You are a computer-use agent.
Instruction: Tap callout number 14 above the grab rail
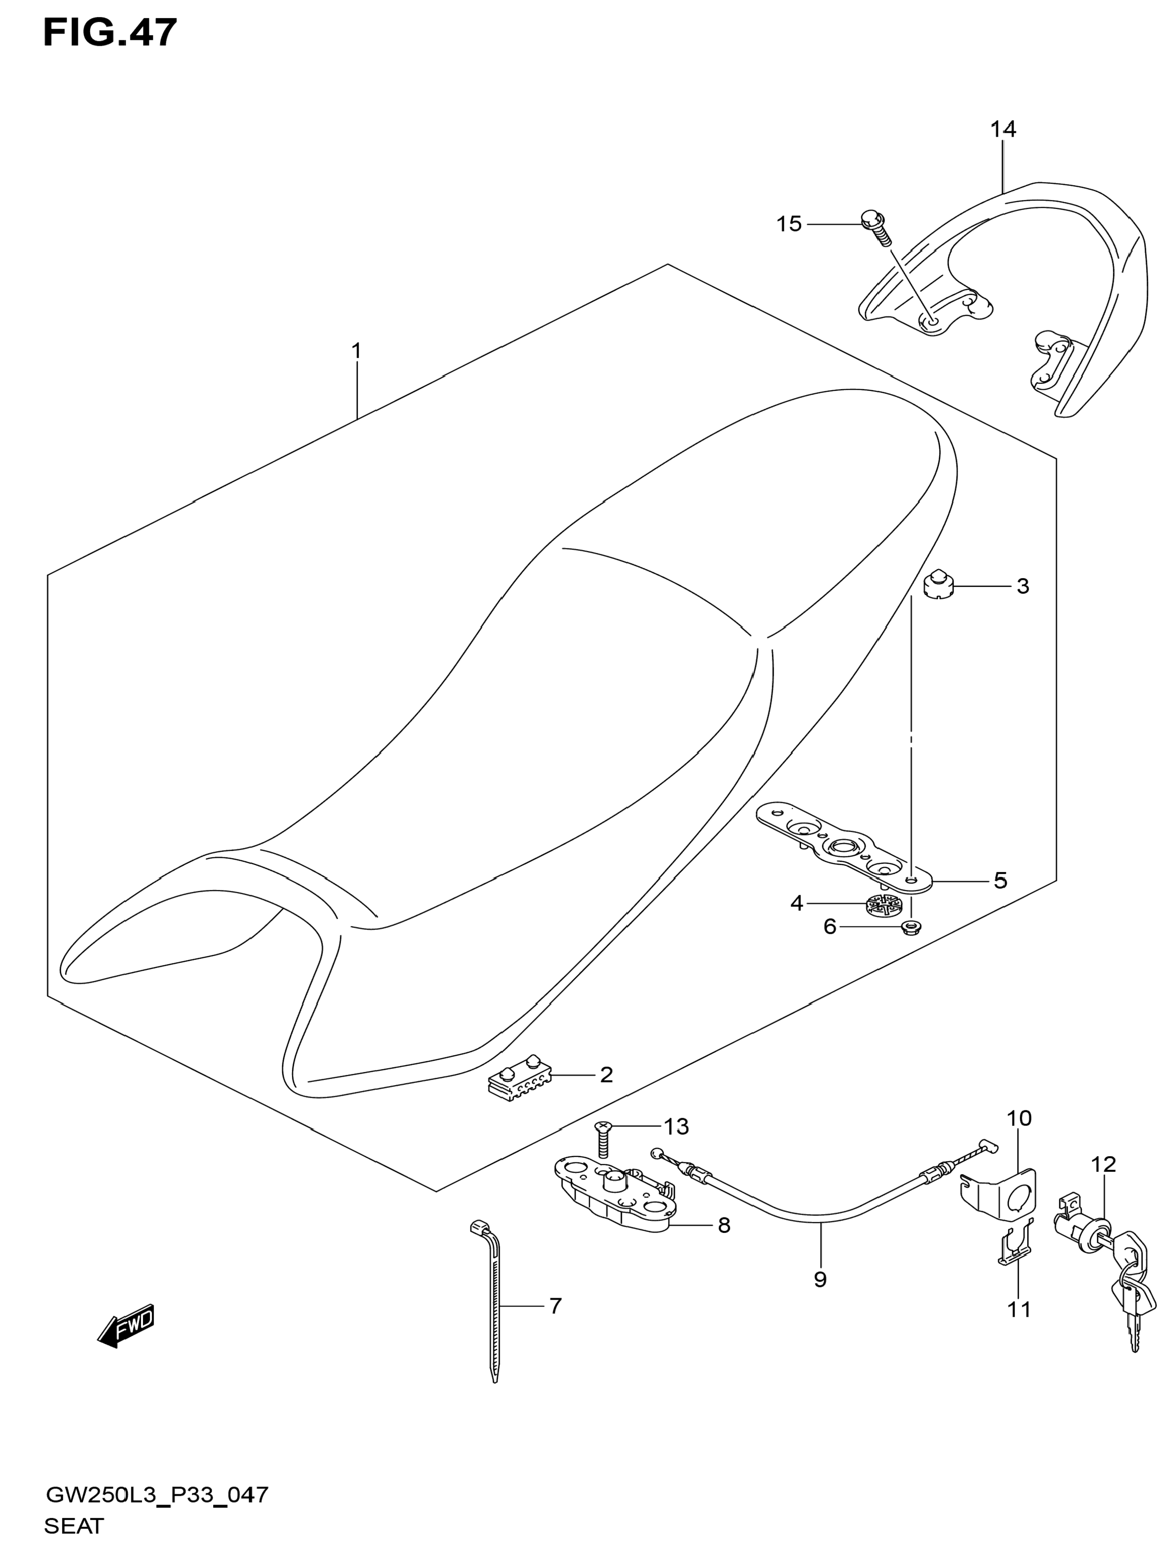tap(1003, 129)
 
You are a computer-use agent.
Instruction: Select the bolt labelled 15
tap(875, 228)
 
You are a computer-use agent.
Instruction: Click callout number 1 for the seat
tap(357, 351)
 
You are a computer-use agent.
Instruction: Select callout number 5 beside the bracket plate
tap(1000, 881)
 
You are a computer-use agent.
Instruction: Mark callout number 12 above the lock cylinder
tap(1103, 1164)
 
